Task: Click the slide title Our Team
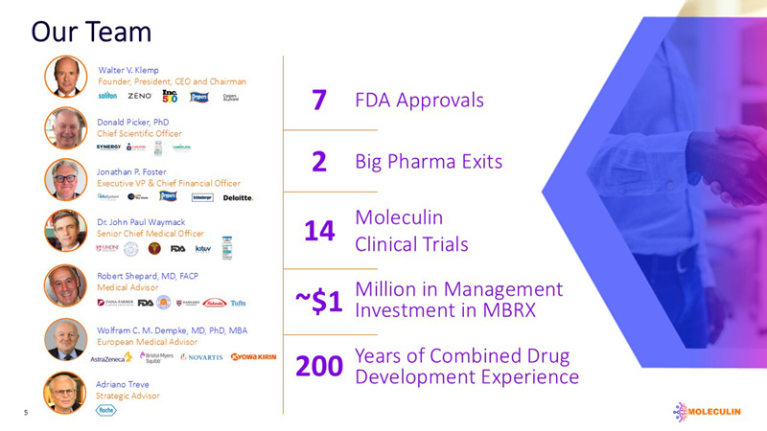tap(91, 31)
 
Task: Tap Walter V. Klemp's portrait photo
tap(65, 77)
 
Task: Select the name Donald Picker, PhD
tap(132, 122)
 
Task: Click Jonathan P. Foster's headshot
tap(65, 179)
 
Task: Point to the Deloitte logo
tap(238, 197)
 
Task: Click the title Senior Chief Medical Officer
tap(151, 234)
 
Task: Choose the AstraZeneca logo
tap(111, 356)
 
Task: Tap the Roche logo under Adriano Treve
tap(106, 410)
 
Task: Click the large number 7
tap(321, 101)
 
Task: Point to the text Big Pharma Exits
tap(429, 161)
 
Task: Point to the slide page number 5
tap(27, 414)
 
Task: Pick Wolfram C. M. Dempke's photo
tap(65, 339)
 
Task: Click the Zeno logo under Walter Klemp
tap(139, 96)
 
